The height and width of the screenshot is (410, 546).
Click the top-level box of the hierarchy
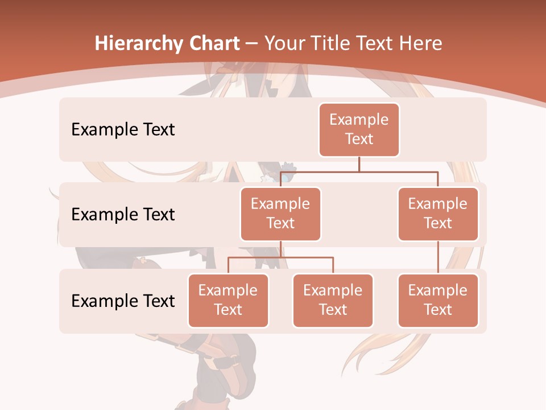[359, 129]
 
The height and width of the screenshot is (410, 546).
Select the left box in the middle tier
[280, 214]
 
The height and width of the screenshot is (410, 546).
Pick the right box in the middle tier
[438, 214]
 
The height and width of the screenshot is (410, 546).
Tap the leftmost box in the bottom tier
[228, 300]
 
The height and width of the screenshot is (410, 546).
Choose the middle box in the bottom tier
[333, 300]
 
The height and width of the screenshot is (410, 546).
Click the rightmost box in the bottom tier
[438, 300]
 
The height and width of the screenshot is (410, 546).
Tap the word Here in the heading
[421, 43]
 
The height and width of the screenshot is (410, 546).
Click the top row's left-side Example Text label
[123, 129]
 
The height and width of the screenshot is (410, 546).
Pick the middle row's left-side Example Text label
[123, 214]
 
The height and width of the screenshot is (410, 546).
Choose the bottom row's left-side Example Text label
[123, 301]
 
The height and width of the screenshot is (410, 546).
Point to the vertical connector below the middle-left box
[280, 249]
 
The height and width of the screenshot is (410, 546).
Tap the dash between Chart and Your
[252, 44]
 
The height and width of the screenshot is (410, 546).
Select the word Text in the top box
[359, 139]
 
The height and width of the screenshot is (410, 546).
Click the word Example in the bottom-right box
[438, 290]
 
